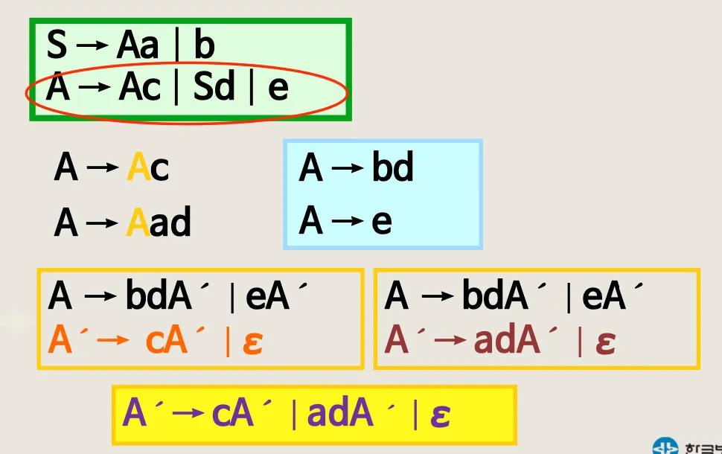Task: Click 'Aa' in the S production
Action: tap(138, 47)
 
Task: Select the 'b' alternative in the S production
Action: tap(204, 47)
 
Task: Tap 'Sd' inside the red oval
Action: tap(214, 89)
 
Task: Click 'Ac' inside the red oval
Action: tap(139, 89)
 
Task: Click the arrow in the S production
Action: tap(92, 46)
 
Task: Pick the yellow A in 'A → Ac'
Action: tap(138, 168)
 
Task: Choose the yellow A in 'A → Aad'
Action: tap(138, 223)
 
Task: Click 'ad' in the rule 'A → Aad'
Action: tap(170, 223)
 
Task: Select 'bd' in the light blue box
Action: tap(392, 168)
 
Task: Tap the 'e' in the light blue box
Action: tap(382, 222)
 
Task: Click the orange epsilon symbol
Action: tap(253, 343)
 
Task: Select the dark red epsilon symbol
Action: tap(605, 343)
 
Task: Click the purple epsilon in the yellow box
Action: tap(440, 415)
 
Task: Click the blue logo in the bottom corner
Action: tap(665, 447)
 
